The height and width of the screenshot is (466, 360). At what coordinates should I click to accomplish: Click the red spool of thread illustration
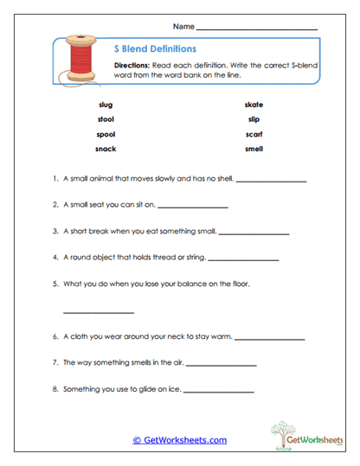click(80, 60)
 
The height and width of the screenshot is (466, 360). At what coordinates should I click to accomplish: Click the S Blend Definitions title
click(155, 49)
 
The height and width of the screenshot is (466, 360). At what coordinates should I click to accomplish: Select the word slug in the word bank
click(106, 105)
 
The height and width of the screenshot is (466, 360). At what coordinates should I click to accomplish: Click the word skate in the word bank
click(253, 105)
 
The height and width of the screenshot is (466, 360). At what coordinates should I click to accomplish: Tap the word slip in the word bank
click(253, 119)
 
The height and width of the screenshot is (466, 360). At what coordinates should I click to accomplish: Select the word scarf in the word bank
click(253, 134)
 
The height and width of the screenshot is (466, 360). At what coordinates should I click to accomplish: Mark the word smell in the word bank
click(253, 149)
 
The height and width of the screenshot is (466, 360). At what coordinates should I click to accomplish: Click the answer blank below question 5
click(99, 312)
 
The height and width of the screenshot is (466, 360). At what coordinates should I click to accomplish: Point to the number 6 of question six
click(55, 337)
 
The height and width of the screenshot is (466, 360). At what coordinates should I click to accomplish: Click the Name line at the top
click(257, 29)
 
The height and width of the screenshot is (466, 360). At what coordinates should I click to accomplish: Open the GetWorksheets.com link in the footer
click(179, 440)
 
